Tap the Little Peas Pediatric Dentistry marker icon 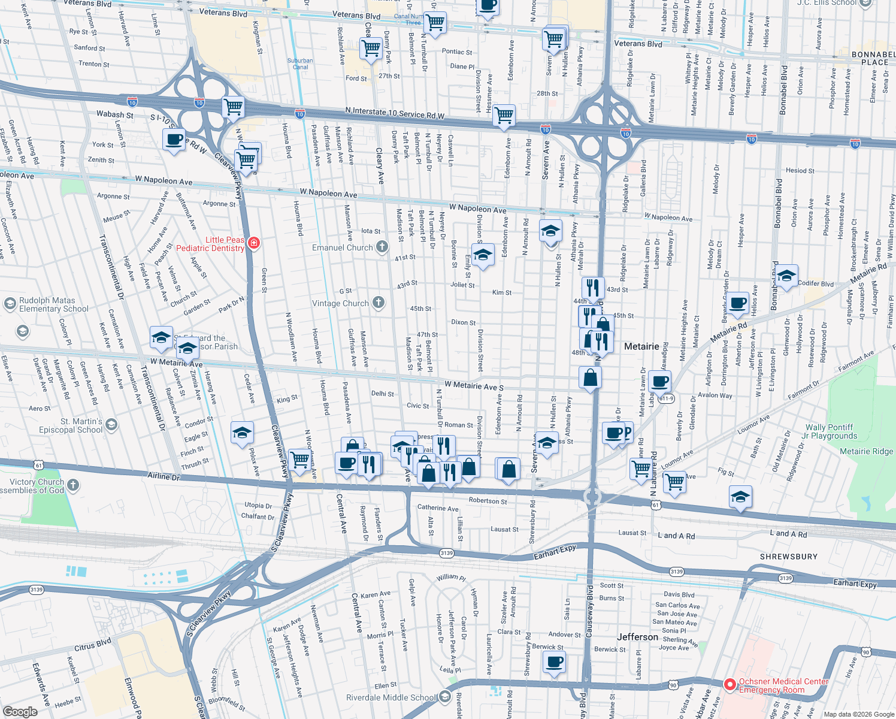point(254,243)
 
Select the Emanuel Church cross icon point(382,248)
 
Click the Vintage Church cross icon point(378,303)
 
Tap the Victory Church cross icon point(73,485)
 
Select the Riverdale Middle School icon point(444,696)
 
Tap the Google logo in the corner point(20,712)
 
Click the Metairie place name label point(641,346)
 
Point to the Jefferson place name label point(637,637)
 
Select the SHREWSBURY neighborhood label point(788,557)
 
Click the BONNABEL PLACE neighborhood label point(874,58)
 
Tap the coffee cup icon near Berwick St point(555,662)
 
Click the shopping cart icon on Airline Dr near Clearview point(299,460)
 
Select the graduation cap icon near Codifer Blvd point(786,276)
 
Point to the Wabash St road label point(115,114)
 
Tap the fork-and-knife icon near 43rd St point(592,288)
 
